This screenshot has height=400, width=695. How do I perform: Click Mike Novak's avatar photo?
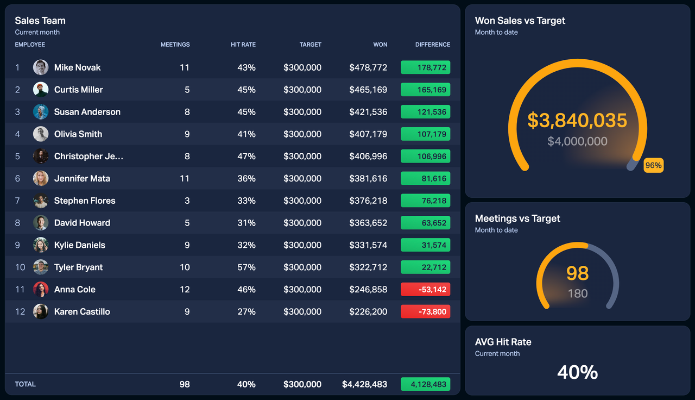tap(41, 67)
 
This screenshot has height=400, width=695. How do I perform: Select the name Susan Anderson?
tap(87, 112)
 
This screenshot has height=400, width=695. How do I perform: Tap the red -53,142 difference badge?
tap(425, 290)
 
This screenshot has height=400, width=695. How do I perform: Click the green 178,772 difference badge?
tap(425, 67)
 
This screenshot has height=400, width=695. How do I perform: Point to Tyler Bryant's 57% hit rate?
tap(247, 267)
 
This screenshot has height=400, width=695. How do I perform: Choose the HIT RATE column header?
tap(243, 45)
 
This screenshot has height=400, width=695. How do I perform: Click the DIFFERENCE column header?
tap(433, 45)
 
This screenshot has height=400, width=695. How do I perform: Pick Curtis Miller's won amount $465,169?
tap(368, 90)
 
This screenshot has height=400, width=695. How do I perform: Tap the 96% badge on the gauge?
tap(653, 166)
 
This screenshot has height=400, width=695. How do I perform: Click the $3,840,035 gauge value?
tap(577, 121)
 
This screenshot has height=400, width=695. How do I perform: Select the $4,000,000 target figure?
tap(577, 142)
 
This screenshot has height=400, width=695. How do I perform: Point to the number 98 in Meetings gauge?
tap(577, 273)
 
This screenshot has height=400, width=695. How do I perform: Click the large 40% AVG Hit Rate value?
tap(577, 372)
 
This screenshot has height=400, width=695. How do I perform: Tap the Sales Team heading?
tap(40, 21)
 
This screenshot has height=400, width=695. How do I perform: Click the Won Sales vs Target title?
tap(520, 21)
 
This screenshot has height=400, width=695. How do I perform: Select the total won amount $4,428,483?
tap(364, 384)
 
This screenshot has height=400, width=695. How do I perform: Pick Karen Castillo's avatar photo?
tap(41, 311)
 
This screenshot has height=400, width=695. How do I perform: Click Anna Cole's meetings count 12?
tap(185, 290)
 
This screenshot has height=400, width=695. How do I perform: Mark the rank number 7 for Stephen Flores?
tap(17, 201)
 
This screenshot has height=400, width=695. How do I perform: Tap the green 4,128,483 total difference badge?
tap(425, 384)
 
